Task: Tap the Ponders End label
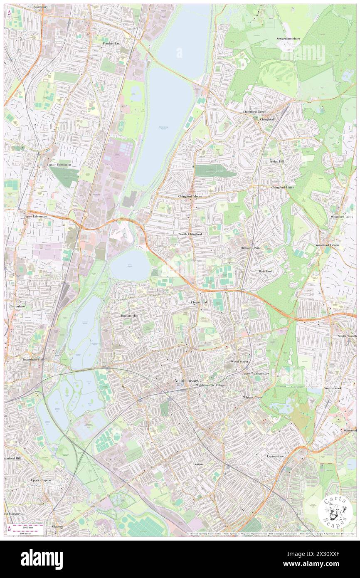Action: (111, 43)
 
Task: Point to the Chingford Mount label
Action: (190, 197)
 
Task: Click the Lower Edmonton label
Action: (59, 165)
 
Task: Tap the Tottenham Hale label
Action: (33, 359)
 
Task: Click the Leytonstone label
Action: (275, 456)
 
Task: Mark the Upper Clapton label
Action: (41, 480)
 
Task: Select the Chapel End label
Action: (199, 302)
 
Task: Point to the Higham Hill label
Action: (129, 316)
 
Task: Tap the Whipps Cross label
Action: (252, 397)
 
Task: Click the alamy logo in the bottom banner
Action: (42, 559)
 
